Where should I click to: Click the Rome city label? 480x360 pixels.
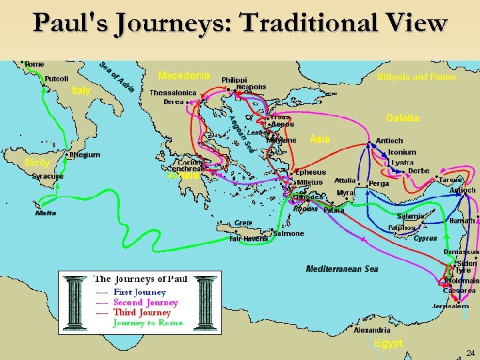pos(34,64)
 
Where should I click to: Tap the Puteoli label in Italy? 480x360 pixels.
pos(57,79)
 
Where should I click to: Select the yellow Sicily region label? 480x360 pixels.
pos(37,163)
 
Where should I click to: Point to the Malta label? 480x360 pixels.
pos(45,213)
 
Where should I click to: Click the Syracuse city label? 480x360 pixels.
pos(47,177)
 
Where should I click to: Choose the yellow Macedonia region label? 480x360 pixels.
pos(184,75)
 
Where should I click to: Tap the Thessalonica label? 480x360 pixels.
pos(173,93)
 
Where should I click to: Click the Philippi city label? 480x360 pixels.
pos(234,79)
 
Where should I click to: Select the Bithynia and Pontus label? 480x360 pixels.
pos(417,77)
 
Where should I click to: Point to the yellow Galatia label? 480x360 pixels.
pos(403,118)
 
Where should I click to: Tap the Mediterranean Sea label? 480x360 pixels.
pos(342,269)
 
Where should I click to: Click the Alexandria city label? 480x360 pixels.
pos(372,330)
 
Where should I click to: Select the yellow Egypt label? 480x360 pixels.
pos(388,343)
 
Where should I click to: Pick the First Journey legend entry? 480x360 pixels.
pos(139,292)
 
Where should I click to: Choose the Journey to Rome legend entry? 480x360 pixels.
pos(147,323)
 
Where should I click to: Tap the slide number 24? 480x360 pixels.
pos(470,353)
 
